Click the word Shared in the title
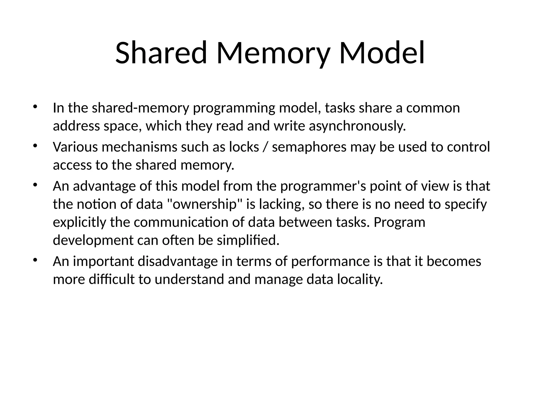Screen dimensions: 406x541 click(161, 53)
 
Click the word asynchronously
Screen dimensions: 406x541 click(357, 126)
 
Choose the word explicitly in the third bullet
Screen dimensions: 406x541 click(79, 222)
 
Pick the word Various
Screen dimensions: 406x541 click(75, 147)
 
